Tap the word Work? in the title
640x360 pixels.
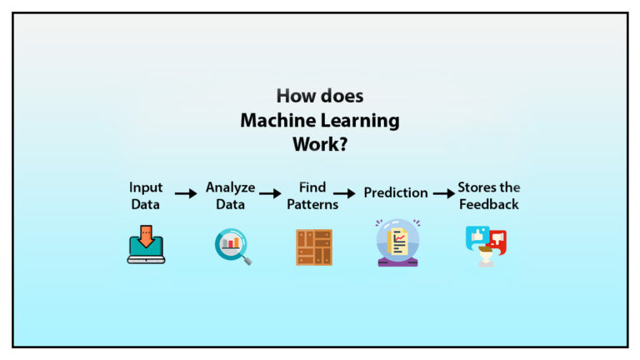(x=320, y=144)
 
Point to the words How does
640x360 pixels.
(x=320, y=96)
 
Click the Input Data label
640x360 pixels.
(x=146, y=195)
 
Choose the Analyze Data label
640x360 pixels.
(x=230, y=195)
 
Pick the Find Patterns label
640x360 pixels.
(x=312, y=195)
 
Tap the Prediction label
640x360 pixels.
(x=396, y=192)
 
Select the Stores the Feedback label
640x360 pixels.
(x=488, y=195)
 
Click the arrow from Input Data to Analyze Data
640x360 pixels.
(x=186, y=193)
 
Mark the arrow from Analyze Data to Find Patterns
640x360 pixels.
(x=270, y=193)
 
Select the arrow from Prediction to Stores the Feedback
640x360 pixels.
(x=443, y=193)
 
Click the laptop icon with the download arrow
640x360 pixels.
(x=146, y=247)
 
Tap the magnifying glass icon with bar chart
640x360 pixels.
(x=232, y=247)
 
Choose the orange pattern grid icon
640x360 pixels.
(x=313, y=247)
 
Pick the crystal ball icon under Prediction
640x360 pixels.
(x=397, y=244)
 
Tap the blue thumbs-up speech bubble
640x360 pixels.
(x=477, y=237)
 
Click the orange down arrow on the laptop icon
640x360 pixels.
(x=146, y=238)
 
